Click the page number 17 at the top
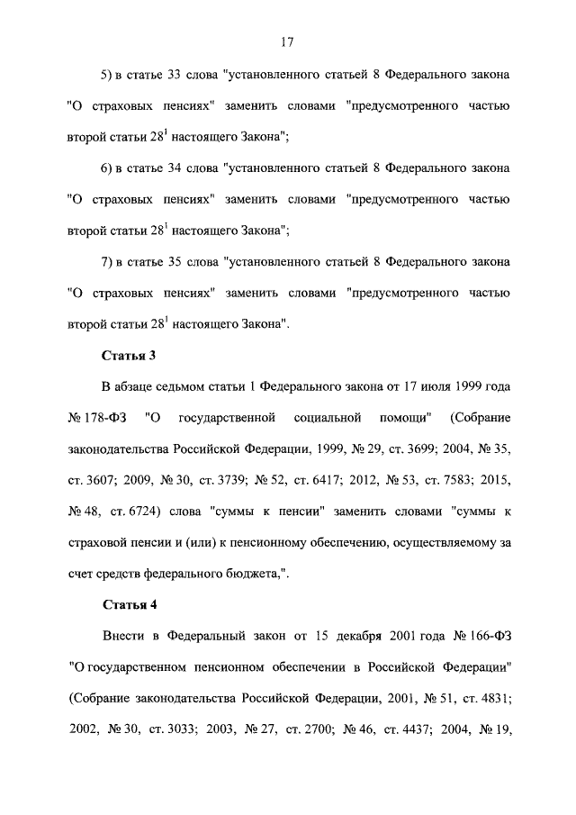pos(288,42)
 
